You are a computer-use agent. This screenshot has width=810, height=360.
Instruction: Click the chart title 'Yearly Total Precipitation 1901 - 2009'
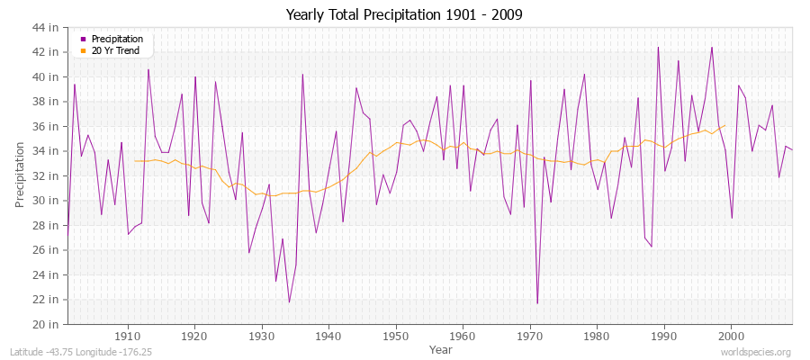click(404, 15)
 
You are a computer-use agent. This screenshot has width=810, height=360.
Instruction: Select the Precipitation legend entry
click(117, 39)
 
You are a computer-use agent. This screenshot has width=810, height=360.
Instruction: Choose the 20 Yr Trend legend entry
click(116, 49)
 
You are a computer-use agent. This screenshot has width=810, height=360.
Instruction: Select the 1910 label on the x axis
click(128, 336)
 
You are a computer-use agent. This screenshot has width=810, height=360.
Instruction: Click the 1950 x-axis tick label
click(396, 336)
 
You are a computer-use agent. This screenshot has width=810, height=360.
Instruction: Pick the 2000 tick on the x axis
click(731, 336)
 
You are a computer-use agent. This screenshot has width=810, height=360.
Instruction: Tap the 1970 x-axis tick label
click(530, 336)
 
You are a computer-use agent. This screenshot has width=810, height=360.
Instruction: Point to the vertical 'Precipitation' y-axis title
click(20, 175)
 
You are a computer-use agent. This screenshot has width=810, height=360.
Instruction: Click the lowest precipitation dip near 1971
click(537, 303)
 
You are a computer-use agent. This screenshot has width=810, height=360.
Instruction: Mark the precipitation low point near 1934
click(289, 301)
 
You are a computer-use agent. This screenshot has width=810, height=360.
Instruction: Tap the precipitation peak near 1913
click(148, 69)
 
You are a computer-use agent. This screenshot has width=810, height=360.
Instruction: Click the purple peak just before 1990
click(658, 47)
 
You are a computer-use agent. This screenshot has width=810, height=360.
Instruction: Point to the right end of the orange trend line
click(724, 125)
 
